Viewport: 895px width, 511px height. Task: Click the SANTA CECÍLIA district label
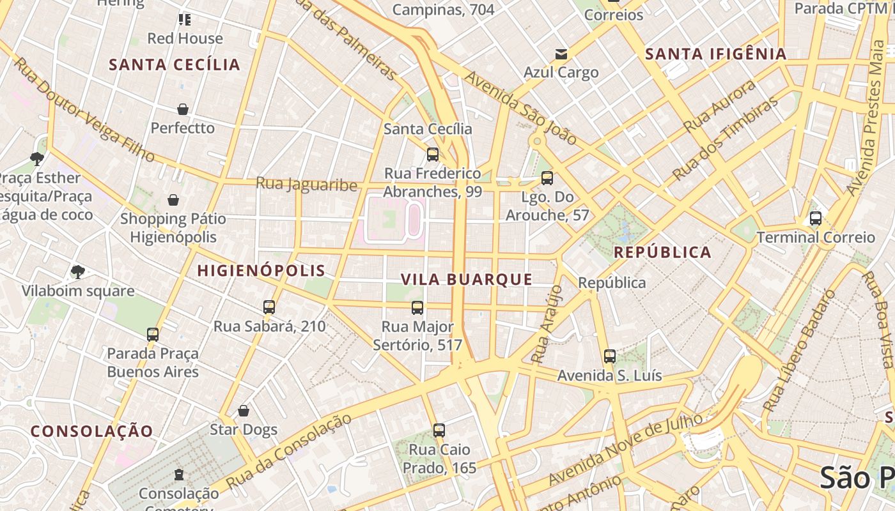pyautogui.click(x=175, y=65)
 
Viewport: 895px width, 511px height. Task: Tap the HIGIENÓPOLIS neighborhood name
pyautogui.click(x=261, y=270)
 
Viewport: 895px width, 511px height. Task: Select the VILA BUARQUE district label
pyautogui.click(x=467, y=279)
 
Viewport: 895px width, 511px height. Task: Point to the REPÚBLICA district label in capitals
pyautogui.click(x=662, y=252)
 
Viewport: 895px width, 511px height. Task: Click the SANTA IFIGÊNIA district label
pyautogui.click(x=715, y=54)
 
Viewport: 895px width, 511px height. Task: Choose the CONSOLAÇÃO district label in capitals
pyautogui.click(x=92, y=431)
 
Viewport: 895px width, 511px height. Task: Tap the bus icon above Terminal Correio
pyautogui.click(x=815, y=218)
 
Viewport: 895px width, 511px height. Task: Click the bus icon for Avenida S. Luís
pyautogui.click(x=610, y=356)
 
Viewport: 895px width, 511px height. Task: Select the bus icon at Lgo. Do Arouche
pyautogui.click(x=547, y=178)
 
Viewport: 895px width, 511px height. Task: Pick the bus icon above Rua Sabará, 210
pyautogui.click(x=269, y=307)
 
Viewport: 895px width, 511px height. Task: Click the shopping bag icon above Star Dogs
pyautogui.click(x=243, y=411)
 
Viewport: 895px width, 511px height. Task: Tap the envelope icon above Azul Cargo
pyautogui.click(x=561, y=54)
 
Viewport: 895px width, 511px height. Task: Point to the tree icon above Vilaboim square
pyautogui.click(x=77, y=272)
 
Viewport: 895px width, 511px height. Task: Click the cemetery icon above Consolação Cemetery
pyautogui.click(x=178, y=475)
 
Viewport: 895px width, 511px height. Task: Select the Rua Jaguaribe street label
pyautogui.click(x=306, y=184)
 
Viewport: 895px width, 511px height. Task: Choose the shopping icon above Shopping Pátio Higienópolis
pyautogui.click(x=173, y=201)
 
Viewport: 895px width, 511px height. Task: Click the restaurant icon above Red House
pyautogui.click(x=185, y=20)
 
